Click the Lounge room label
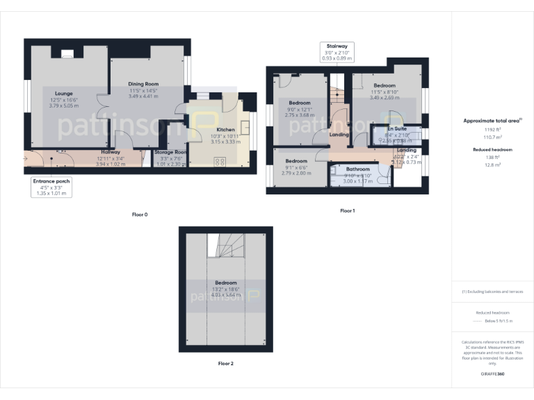tap(63, 93)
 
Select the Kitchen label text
tap(225, 130)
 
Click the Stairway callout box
tap(337, 52)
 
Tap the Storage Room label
tap(170, 151)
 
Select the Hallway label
tap(111, 151)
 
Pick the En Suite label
tap(396, 129)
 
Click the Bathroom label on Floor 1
tap(358, 169)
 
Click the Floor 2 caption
tap(225, 363)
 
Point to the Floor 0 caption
tap(140, 215)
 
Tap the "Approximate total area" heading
tap(492, 120)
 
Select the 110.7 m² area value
tap(493, 136)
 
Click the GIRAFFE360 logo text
tap(493, 374)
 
